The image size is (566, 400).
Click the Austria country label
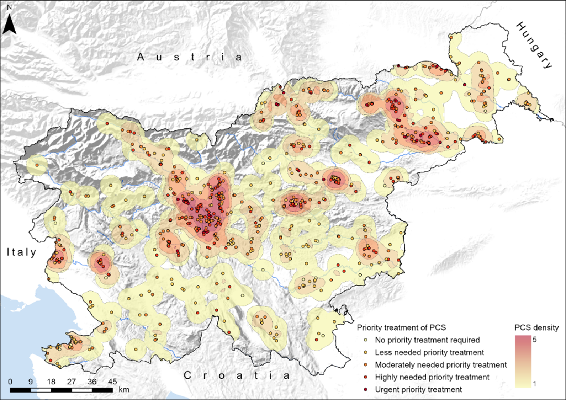190,57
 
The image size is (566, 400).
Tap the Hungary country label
534,45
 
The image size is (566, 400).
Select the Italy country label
22,252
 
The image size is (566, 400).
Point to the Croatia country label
237,375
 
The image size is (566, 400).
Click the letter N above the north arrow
10,7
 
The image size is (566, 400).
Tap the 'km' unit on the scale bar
124,390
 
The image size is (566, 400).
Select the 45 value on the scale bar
112,382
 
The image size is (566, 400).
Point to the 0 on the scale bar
10,382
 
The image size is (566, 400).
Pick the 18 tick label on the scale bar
51,382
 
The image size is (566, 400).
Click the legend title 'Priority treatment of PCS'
401,327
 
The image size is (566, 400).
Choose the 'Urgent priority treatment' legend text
418,389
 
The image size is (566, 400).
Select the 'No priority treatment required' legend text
427,340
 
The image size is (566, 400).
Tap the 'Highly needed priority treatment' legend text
432,377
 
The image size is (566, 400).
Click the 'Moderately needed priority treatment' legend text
441,365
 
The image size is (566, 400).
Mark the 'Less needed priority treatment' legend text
429,352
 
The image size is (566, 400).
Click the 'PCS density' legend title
536,327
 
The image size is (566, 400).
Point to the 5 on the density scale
534,340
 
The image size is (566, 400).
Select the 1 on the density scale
534,384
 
